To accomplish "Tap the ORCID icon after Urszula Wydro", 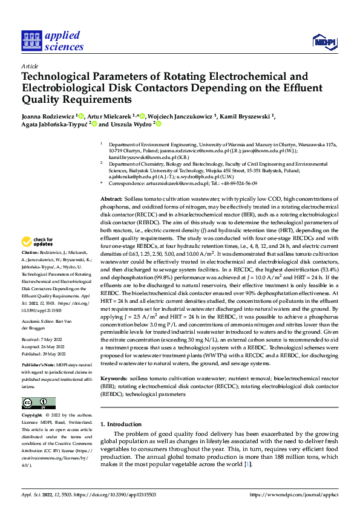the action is (x=159, y=124).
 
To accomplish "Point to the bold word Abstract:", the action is (x=111, y=198).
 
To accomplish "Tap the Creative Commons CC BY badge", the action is (x=38, y=403).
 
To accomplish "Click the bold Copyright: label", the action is (x=32, y=416).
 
